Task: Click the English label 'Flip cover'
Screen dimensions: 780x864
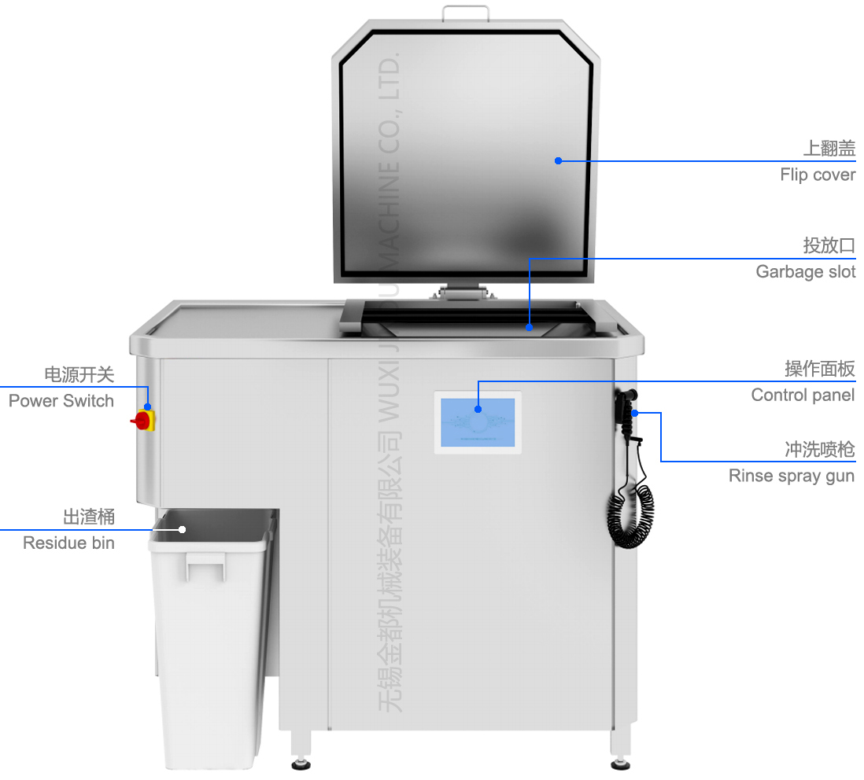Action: tap(817, 175)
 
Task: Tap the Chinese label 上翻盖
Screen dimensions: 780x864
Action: tap(829, 148)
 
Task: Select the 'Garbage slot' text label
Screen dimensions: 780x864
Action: tap(805, 272)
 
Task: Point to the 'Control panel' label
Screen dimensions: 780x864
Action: tap(803, 395)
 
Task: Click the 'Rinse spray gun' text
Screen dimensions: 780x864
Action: tap(791, 476)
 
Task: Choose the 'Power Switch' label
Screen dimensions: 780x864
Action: tap(61, 401)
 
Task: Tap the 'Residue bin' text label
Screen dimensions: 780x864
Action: tap(68, 543)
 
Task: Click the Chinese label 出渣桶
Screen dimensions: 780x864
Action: tap(89, 517)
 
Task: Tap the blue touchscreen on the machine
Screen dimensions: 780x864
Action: tap(478, 423)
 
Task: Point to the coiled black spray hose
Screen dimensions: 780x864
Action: tap(631, 515)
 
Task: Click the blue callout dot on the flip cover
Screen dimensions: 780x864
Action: tap(558, 160)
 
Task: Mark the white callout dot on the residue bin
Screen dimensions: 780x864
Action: tap(183, 529)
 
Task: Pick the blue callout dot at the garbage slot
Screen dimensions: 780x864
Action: tap(529, 326)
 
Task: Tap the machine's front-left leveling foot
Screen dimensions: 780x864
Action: tap(301, 761)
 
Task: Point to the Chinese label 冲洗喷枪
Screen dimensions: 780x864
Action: tap(819, 450)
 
